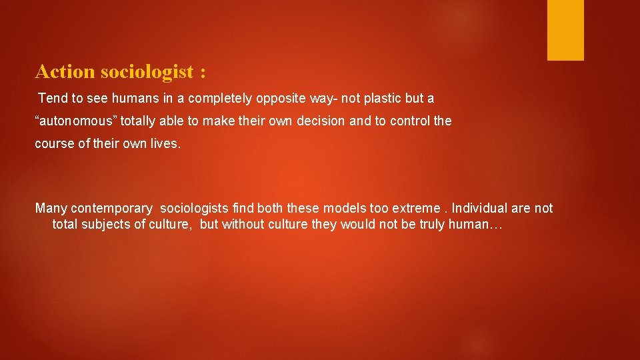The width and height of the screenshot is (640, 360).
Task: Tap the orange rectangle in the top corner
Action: click(565, 30)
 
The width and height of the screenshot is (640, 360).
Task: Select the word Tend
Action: click(53, 99)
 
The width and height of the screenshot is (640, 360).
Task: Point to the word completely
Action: click(220, 99)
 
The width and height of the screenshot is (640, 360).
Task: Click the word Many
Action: click(51, 209)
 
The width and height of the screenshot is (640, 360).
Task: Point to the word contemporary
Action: click(111, 209)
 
